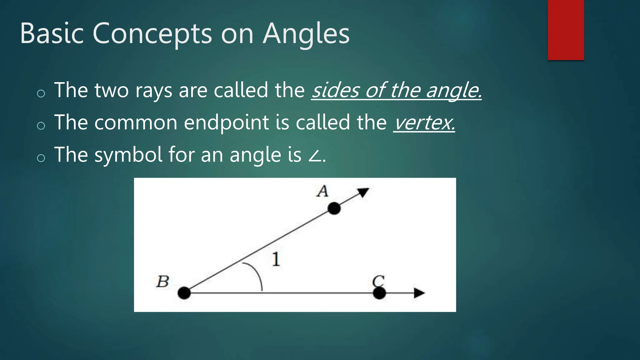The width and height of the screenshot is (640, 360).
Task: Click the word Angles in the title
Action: point(306,34)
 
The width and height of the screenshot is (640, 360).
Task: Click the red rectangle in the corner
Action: point(566,30)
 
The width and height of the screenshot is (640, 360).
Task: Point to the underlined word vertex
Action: point(424,122)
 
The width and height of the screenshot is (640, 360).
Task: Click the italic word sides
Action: point(336,90)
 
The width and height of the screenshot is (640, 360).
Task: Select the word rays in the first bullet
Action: point(153,91)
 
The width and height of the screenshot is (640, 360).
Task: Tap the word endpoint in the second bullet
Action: point(227,122)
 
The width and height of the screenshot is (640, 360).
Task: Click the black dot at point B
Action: point(184,293)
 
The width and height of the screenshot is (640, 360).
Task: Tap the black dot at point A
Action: point(334,208)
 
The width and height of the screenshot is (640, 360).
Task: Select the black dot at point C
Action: point(379,293)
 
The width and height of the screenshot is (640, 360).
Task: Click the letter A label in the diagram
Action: point(322,191)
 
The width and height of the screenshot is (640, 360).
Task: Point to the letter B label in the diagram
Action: point(162,282)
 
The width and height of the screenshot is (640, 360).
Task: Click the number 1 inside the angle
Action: point(276,259)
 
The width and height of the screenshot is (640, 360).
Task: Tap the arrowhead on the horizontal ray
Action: point(419,293)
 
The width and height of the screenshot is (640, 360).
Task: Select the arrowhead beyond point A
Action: point(363,192)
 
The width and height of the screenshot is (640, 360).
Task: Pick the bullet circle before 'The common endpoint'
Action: point(41,126)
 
